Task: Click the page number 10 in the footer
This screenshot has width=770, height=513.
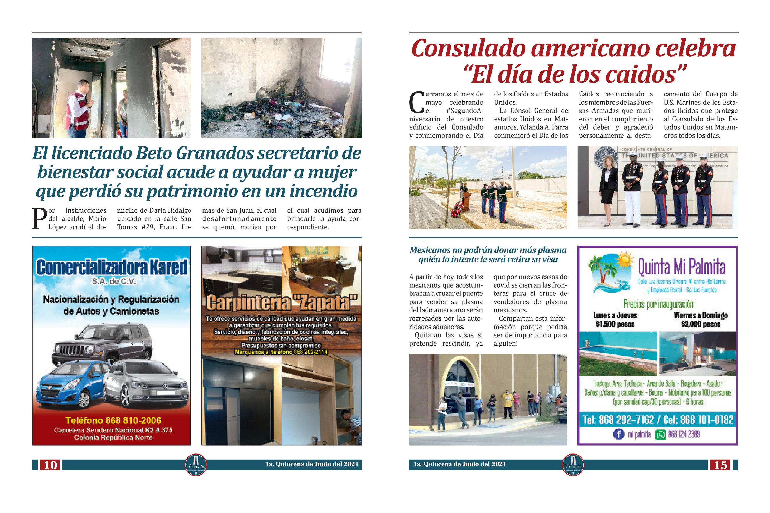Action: pos(50,465)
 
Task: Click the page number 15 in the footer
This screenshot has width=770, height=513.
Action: pos(720,465)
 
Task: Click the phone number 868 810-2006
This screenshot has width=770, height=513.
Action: pos(113,420)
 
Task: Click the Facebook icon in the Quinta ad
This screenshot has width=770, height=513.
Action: pos(618,434)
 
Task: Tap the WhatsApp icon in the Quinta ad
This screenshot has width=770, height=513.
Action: pos(660,435)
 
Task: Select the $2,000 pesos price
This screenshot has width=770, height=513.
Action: pos(701,324)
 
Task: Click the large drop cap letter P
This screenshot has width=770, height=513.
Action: pos(40,219)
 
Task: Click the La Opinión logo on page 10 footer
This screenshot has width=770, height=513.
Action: pos(196,465)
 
